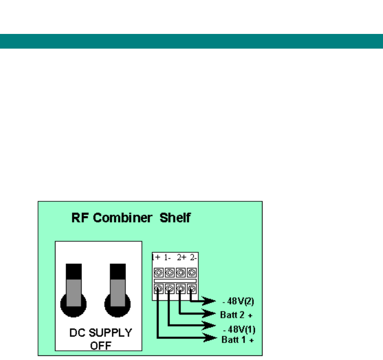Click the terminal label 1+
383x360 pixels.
156,258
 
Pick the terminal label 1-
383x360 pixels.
168,258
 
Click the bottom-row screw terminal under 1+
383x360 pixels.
158,289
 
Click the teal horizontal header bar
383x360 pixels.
191,41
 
